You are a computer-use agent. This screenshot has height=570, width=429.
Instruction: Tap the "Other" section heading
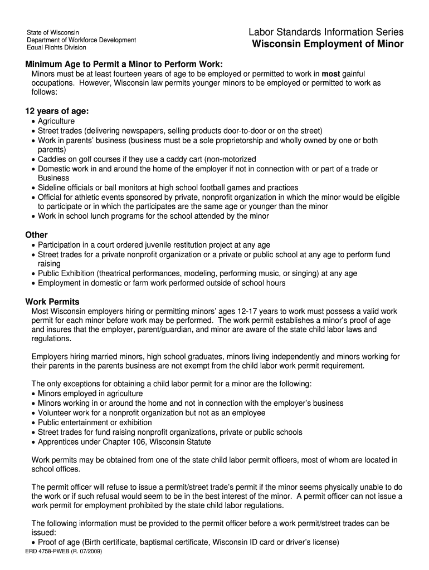[x=37, y=235]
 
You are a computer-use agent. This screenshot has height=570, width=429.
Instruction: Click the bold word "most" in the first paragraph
[x=330, y=73]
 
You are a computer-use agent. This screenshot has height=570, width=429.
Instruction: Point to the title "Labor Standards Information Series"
[x=326, y=32]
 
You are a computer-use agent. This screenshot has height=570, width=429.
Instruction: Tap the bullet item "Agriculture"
[x=56, y=121]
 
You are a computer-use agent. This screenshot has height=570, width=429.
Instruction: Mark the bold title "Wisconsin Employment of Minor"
[x=328, y=45]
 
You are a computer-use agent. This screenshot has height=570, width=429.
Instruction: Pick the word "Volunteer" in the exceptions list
[x=56, y=413]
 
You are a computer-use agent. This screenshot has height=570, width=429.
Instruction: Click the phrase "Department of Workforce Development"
[x=81, y=40]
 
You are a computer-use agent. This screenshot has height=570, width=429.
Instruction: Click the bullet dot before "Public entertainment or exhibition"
[x=34, y=423]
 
